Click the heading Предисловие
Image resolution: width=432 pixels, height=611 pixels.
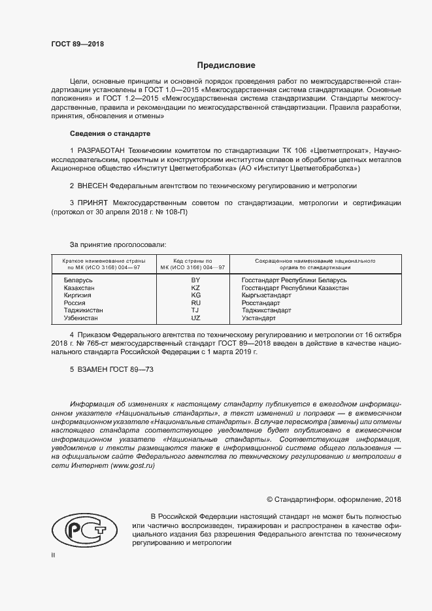226,65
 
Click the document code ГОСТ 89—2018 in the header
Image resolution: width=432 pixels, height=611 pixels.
77,44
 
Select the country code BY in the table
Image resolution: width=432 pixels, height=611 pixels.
195,280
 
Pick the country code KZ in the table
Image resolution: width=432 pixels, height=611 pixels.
195,288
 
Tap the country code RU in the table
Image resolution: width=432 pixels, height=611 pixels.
195,303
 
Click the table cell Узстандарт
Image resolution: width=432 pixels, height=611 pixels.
259,318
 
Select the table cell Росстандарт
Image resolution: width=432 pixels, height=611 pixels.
261,303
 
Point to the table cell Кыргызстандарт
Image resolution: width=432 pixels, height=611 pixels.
266,295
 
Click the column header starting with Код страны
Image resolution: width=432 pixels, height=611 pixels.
195,264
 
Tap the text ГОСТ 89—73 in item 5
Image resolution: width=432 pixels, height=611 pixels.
133,370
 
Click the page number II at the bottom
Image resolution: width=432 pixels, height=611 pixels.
53,555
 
